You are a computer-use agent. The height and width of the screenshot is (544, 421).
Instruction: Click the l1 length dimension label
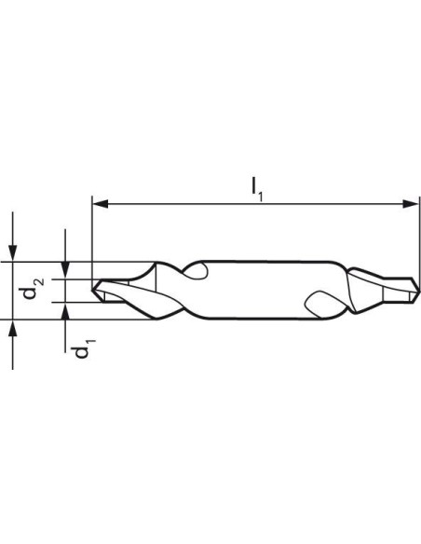(257, 189)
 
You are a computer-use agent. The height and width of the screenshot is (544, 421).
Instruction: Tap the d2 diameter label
(34, 288)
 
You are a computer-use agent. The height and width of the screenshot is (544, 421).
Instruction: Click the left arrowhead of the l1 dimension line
(101, 204)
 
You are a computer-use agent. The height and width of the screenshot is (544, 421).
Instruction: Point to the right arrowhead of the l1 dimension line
(411, 204)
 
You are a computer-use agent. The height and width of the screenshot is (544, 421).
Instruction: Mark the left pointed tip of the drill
(92, 289)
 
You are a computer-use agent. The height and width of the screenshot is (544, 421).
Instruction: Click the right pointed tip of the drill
(419, 290)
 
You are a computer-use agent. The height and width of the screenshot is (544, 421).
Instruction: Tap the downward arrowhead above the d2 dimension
(12, 253)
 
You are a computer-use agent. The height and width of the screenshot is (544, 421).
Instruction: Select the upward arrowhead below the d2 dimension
(12, 328)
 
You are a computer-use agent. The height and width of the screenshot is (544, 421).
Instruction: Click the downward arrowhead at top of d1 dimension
(65, 270)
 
